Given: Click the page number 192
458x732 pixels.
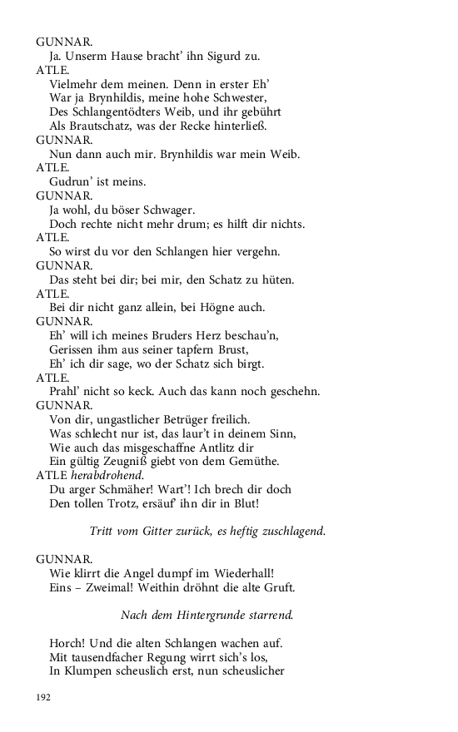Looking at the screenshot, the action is pos(44,696).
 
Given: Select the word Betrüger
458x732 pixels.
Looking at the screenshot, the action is pos(192,419).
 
